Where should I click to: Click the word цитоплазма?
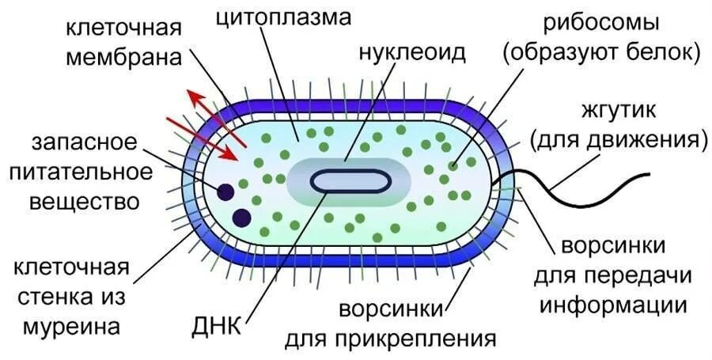tap(284, 17)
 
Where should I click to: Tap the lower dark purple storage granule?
tap(241, 217)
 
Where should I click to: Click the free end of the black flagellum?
tap(649, 174)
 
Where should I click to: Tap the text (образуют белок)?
tap(601, 54)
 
